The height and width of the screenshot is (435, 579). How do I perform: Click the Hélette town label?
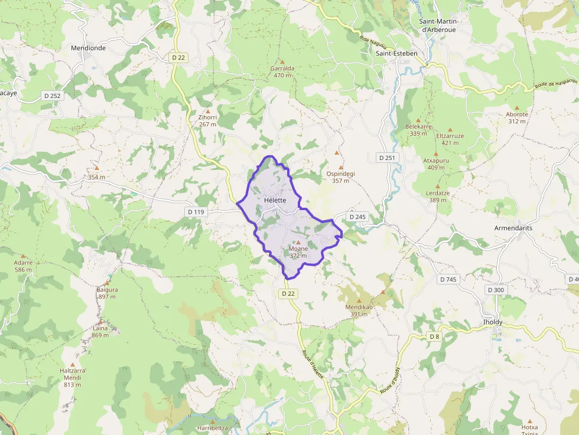(275, 200)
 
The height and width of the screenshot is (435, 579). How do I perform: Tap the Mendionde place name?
(88, 48)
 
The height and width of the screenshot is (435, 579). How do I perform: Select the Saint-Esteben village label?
(396, 53)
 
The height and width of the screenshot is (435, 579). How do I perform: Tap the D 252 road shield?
(52, 95)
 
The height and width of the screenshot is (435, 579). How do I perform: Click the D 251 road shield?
(388, 158)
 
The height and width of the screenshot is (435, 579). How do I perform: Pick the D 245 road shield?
(357, 217)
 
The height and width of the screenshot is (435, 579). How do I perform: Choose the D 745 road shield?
(448, 279)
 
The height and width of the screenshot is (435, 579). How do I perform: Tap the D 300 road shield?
(496, 290)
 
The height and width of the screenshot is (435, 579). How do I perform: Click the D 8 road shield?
(435, 336)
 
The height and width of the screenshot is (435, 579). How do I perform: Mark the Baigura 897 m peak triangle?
(108, 283)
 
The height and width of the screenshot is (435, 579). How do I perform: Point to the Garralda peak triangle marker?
(282, 61)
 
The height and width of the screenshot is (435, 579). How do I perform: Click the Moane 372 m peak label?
(298, 252)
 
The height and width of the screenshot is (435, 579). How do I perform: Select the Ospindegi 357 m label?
(340, 177)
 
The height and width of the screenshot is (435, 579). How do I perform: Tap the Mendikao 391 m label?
(359, 310)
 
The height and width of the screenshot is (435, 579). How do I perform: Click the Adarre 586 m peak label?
(24, 266)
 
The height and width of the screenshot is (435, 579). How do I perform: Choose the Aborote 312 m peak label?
(517, 117)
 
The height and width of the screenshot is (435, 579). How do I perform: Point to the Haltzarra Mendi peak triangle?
(73, 365)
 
